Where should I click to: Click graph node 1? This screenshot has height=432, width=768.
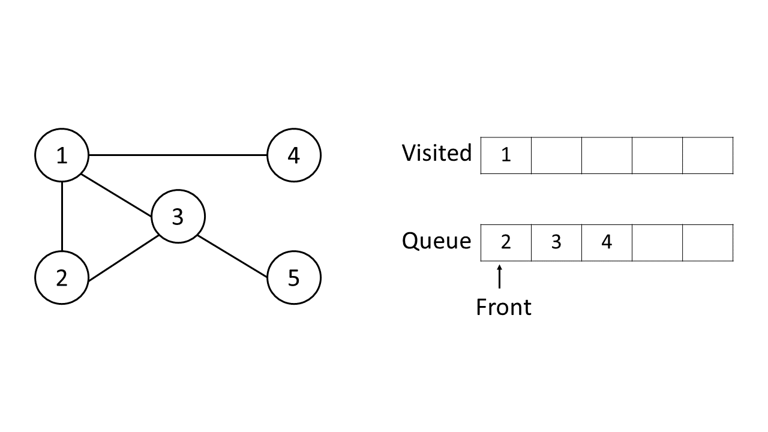click(62, 155)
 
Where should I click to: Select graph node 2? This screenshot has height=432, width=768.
click(62, 278)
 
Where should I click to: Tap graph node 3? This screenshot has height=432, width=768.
click(178, 217)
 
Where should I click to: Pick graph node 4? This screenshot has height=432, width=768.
click(293, 155)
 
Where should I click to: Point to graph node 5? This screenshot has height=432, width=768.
click(293, 278)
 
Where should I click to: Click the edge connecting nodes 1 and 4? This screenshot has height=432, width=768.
click(178, 155)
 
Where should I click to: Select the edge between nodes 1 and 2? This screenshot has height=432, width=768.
click(62, 217)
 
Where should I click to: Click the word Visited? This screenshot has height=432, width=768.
click(437, 153)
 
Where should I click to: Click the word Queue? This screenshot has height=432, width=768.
click(437, 241)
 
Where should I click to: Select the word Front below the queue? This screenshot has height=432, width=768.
click(503, 307)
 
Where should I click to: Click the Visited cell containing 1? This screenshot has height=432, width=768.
click(506, 155)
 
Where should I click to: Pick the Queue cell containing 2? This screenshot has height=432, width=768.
click(506, 243)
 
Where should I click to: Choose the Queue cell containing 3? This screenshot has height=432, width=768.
click(556, 243)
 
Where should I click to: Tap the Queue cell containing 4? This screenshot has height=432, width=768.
click(607, 243)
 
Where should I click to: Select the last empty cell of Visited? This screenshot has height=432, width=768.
click(707, 155)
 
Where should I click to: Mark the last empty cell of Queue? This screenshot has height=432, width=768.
click(707, 243)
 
